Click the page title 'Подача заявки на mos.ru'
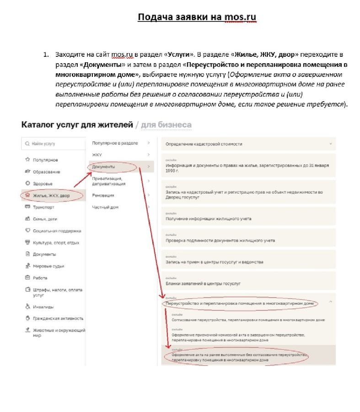[197, 17]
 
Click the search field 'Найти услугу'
[53, 144]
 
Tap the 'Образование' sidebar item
[46, 172]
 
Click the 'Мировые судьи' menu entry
[48, 266]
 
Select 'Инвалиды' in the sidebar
[43, 307]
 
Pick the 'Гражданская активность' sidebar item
[58, 318]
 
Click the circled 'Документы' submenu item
[104, 167]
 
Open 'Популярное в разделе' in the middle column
[115, 143]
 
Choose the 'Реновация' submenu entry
[103, 195]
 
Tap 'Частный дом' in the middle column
[105, 207]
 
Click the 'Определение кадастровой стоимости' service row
[204, 144]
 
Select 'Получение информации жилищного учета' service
[208, 219]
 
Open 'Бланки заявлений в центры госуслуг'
[203, 284]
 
